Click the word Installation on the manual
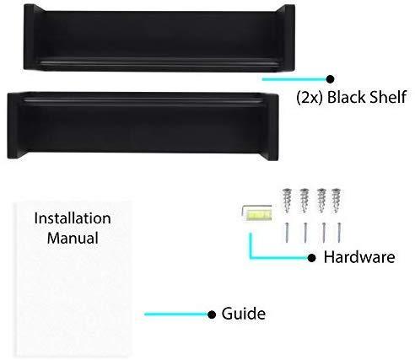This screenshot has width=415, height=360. tap(73, 218)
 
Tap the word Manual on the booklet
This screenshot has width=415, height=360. tap(73, 238)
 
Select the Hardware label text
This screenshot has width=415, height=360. tap(359, 257)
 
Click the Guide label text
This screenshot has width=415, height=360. tap(243, 314)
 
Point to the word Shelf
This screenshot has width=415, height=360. tap(387, 97)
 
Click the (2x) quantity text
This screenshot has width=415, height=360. tap(310, 98)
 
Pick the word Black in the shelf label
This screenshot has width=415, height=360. tap(346, 97)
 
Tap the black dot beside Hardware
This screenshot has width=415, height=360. tap(311, 258)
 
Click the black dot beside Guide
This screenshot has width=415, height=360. tap(212, 314)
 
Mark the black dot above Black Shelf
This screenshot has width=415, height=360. tap(330, 79)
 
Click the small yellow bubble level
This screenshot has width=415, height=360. tap(257, 212)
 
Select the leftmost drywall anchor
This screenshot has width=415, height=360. tap(287, 201)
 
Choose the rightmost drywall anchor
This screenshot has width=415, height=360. tap(337, 201)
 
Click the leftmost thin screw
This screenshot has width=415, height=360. tap(287, 232)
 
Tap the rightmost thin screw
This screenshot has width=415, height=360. tap(339, 233)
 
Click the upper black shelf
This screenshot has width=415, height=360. tap(159, 38)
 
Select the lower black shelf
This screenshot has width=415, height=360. tap(143, 126)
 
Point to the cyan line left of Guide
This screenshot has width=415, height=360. tap(176, 314)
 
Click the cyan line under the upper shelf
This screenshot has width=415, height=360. tap(294, 79)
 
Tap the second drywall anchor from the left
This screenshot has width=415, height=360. tap(304, 201)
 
